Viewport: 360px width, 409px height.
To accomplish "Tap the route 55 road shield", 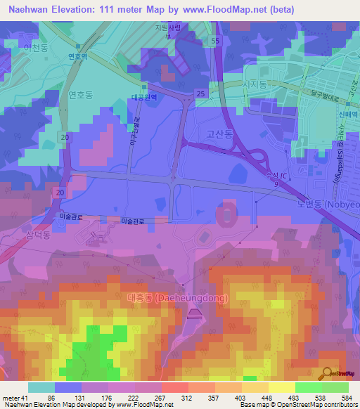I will coord(214,42).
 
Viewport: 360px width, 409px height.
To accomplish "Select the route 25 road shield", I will coord(201,93).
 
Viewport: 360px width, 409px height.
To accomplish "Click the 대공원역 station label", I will coord(144,98).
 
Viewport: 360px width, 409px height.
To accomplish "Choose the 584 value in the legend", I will coord(348,398).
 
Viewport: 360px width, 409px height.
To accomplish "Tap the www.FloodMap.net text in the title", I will coord(229,9).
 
